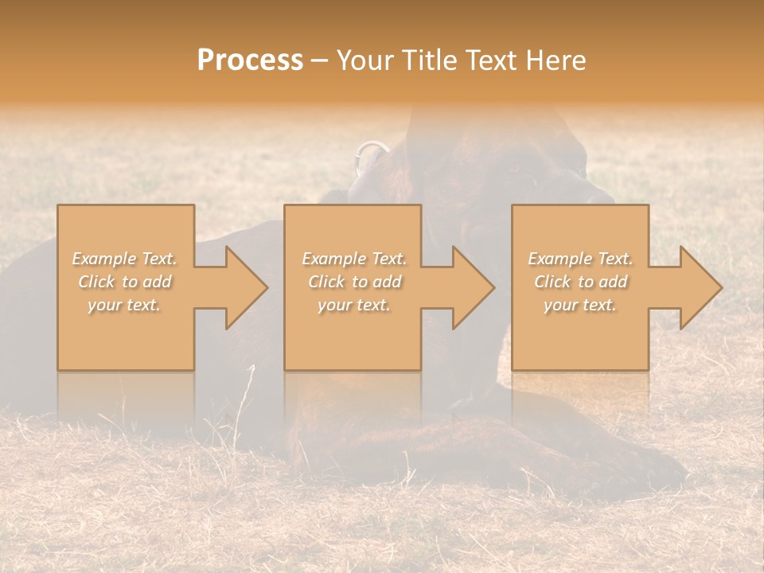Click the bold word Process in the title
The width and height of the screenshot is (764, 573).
pyautogui.click(x=250, y=60)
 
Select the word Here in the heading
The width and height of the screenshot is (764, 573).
pyautogui.click(x=555, y=60)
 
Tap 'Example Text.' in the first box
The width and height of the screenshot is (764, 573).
pyautogui.click(x=125, y=259)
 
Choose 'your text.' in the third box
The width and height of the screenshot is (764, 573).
pyautogui.click(x=580, y=305)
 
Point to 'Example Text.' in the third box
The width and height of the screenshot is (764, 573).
pyautogui.click(x=580, y=259)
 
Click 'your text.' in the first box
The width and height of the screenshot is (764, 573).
pyautogui.click(x=125, y=305)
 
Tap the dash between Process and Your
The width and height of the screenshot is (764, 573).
pyautogui.click(x=320, y=61)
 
